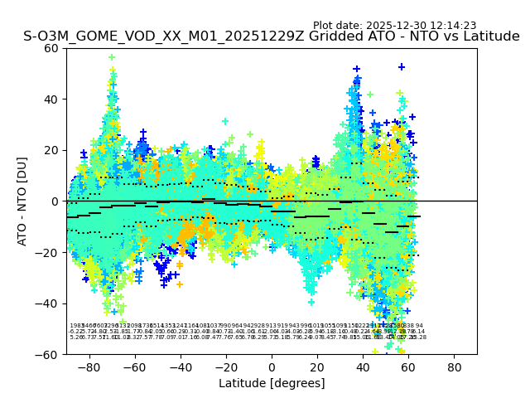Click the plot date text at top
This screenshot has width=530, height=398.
tap(394, 26)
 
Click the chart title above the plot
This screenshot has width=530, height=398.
tap(272, 36)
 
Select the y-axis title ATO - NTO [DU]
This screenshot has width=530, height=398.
tap(23, 201)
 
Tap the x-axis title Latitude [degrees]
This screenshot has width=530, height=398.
tap(272, 383)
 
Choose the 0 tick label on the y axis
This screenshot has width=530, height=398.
tap(55, 201)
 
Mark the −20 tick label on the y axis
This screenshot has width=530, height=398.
tap(49, 252)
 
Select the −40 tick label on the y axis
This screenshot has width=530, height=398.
tap(49, 303)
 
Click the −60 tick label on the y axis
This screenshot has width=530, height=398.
tap(49, 354)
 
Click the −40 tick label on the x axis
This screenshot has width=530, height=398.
tap(180, 366)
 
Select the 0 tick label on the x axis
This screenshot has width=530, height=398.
tap(272, 366)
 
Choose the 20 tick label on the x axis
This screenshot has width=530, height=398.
tap(317, 366)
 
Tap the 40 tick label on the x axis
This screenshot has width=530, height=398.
tap(363, 366)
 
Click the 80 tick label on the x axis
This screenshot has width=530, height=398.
tap(455, 366)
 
